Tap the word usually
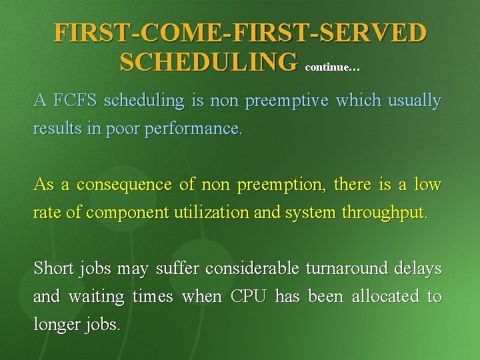(413, 101)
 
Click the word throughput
(384, 213)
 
